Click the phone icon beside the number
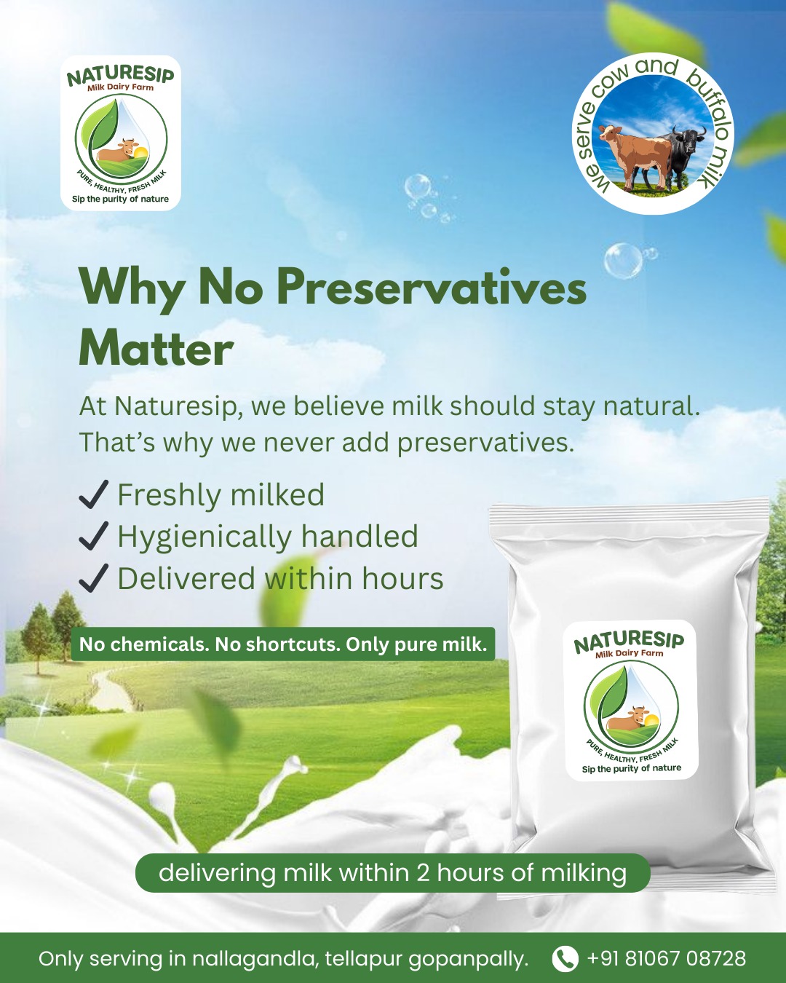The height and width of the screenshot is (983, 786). [x=565, y=958]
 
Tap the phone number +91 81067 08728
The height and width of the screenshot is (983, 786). [x=666, y=958]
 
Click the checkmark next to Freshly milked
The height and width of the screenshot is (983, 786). [x=93, y=494]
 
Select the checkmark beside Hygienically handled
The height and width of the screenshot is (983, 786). [x=93, y=536]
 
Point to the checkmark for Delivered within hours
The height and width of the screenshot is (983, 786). [x=93, y=578]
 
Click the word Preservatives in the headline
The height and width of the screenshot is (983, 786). [x=431, y=287]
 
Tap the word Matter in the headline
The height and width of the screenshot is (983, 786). [x=156, y=349]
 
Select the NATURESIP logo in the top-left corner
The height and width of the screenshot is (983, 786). [x=121, y=133]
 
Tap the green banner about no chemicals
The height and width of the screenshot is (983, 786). [x=282, y=644]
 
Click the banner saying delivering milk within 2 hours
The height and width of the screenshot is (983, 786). [x=392, y=872]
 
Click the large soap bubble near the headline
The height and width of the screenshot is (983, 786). [x=623, y=261]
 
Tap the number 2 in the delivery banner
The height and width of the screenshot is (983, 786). [x=423, y=872]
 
